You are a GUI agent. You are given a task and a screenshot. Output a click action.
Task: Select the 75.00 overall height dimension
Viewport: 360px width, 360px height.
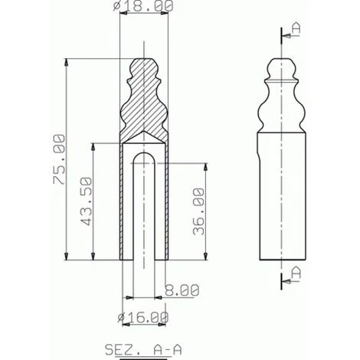tap(57, 159)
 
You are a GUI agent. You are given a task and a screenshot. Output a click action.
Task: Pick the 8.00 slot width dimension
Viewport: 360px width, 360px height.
tap(182, 290)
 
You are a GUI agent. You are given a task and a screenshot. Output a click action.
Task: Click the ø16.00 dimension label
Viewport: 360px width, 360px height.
tap(143, 316)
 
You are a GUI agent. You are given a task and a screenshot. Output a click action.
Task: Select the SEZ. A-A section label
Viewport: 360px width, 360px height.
tap(143, 349)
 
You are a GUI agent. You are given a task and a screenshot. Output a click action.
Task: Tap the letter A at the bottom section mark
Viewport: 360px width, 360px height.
tap(296, 272)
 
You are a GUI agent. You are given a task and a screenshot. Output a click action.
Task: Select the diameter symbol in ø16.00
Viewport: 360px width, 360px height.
tap(123, 316)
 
